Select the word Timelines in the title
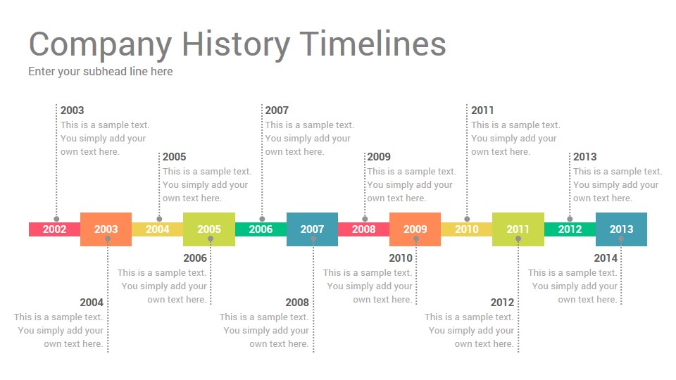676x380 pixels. [x=373, y=44]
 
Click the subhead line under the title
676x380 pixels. [x=101, y=72]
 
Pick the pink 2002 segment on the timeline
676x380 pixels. [x=55, y=229]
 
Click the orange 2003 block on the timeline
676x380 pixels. [x=106, y=229]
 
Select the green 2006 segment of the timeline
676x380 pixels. [x=261, y=229]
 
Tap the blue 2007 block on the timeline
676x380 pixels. [x=312, y=229]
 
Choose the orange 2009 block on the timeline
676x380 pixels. [x=415, y=229]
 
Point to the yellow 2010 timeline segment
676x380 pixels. [x=466, y=229]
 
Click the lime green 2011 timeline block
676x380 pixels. [x=518, y=229]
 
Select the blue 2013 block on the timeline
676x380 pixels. [x=621, y=229]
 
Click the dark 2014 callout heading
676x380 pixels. [x=606, y=258]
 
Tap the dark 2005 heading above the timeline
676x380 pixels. [x=174, y=157]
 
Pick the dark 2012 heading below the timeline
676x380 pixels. [x=502, y=303]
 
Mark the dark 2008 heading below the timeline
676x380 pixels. [x=297, y=303]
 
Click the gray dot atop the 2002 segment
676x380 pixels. [x=56, y=219]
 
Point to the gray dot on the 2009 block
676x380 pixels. [x=416, y=239]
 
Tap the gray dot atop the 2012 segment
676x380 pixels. [x=570, y=219]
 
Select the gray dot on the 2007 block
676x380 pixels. [x=313, y=239]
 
